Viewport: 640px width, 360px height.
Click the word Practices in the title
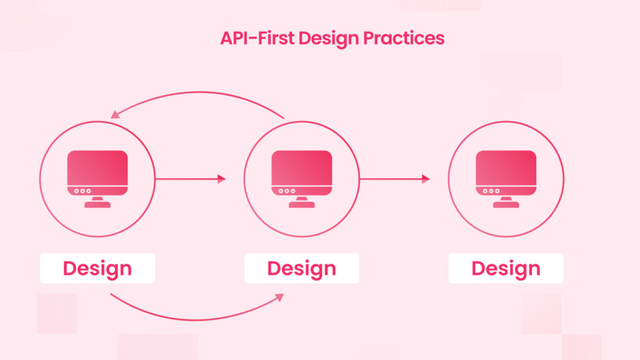(x=403, y=38)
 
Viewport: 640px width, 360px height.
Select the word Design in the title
(x=329, y=39)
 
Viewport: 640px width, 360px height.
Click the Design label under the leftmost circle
(x=97, y=268)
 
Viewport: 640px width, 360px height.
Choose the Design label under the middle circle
(x=302, y=268)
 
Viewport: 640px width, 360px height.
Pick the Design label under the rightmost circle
(x=506, y=268)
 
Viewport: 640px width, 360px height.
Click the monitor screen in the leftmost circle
(x=97, y=167)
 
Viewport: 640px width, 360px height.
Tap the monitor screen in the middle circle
(x=302, y=167)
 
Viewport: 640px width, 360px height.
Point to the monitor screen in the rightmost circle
(x=506, y=167)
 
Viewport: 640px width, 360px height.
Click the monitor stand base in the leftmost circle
(x=97, y=204)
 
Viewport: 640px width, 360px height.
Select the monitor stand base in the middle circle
(x=302, y=204)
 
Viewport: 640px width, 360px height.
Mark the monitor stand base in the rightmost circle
(x=506, y=204)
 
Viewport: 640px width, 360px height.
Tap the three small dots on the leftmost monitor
(x=82, y=191)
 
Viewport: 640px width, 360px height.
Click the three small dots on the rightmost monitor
(x=491, y=191)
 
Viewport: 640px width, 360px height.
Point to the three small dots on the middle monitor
(x=286, y=191)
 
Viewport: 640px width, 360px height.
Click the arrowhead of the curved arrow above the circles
(x=115, y=115)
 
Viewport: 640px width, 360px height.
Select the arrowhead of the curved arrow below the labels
(x=280, y=297)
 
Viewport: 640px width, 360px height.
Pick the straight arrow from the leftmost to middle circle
(x=191, y=179)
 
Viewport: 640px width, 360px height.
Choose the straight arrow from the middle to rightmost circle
(x=395, y=179)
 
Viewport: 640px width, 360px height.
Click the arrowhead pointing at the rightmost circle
(x=426, y=179)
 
